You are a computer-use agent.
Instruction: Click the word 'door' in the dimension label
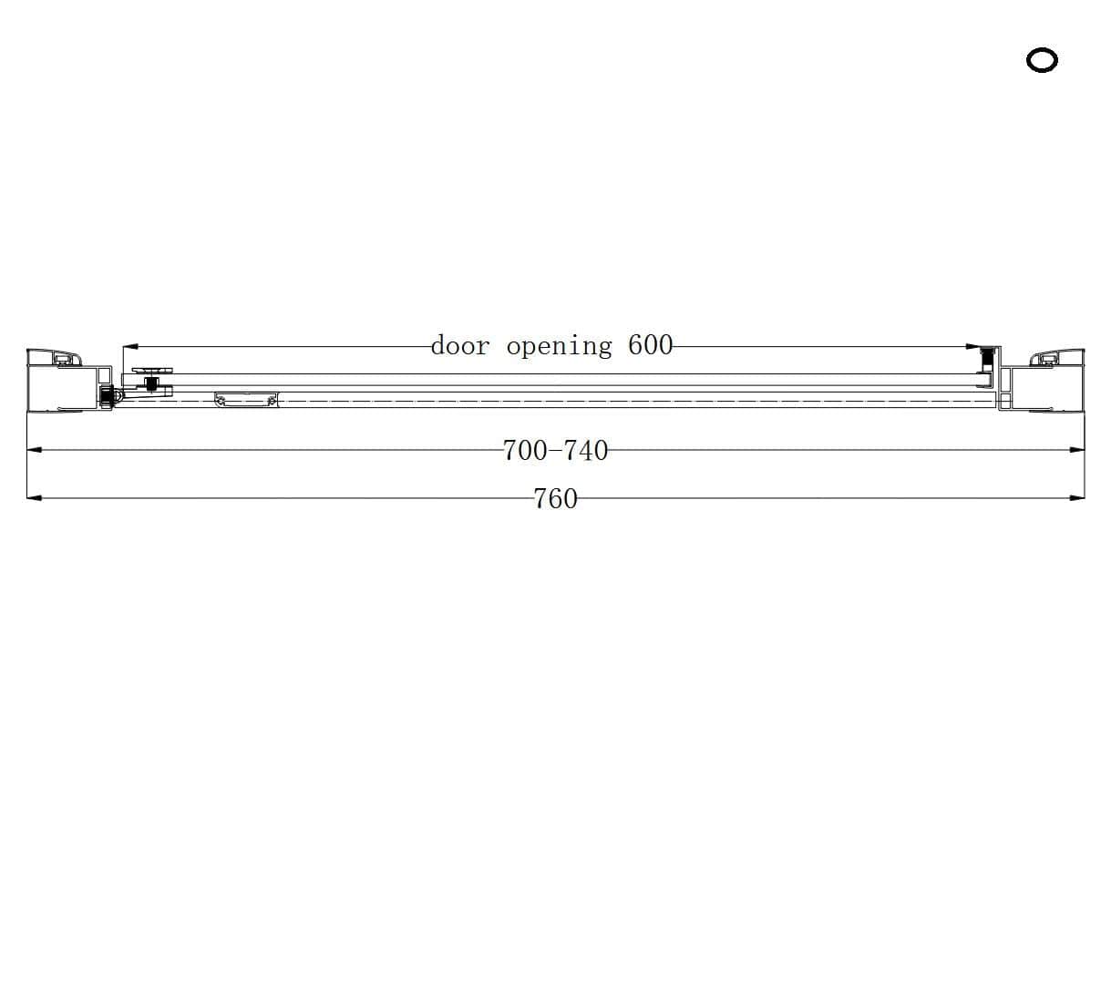tap(460, 346)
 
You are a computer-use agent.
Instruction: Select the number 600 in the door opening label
tap(651, 345)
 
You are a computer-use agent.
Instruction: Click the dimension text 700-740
tap(555, 450)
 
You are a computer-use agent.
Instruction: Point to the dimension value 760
tap(555, 499)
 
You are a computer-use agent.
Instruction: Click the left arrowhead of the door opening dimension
tap(130, 347)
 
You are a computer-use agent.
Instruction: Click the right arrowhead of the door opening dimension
tap(973, 347)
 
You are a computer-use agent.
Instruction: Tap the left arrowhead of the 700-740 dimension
tap(35, 450)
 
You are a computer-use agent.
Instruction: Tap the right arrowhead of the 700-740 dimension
tap(1077, 450)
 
